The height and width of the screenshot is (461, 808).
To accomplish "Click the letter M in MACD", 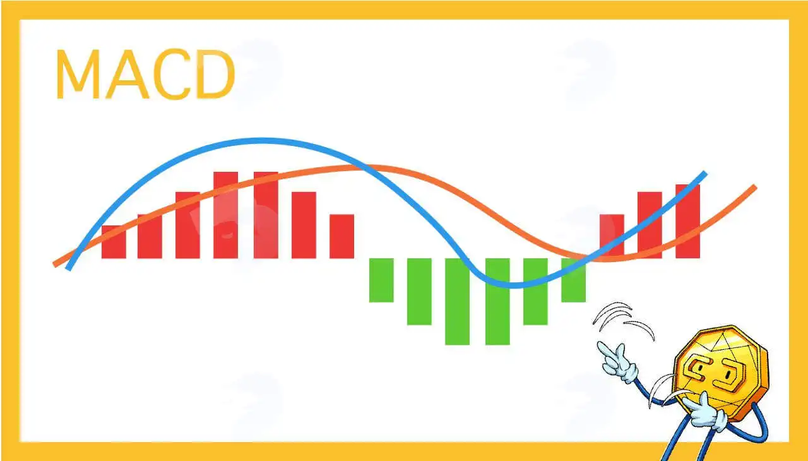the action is point(78,74).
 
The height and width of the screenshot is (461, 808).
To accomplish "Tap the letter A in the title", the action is point(128,74).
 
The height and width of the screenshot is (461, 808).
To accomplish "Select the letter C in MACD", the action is point(172,74).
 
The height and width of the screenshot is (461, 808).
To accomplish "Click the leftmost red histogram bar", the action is point(114,242).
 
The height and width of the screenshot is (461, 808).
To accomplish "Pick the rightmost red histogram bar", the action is point(687,222).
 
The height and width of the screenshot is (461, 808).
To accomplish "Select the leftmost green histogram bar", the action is point(381,280).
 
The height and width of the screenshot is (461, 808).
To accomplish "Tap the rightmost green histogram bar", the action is point(574,280).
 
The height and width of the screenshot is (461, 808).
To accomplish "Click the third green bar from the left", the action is point(458,302).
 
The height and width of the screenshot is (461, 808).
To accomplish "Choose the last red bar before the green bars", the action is point(342,236).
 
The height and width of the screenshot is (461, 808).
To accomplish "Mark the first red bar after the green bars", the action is point(612,236).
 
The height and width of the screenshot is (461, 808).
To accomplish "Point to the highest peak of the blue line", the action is point(261,141).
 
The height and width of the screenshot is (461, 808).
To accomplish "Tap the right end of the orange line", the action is point(755,187).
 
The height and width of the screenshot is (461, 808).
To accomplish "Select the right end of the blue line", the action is point(705,174).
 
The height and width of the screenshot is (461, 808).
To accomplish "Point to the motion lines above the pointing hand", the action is point(623,320).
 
